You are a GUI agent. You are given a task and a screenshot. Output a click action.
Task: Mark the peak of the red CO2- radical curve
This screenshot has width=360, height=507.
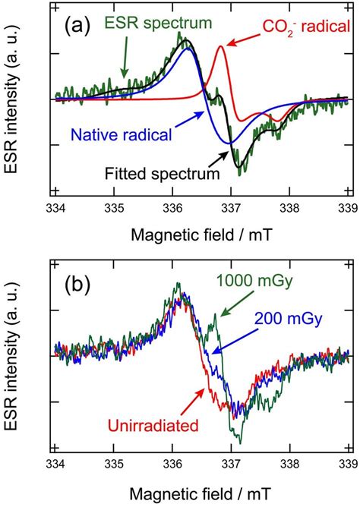[221, 47]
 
